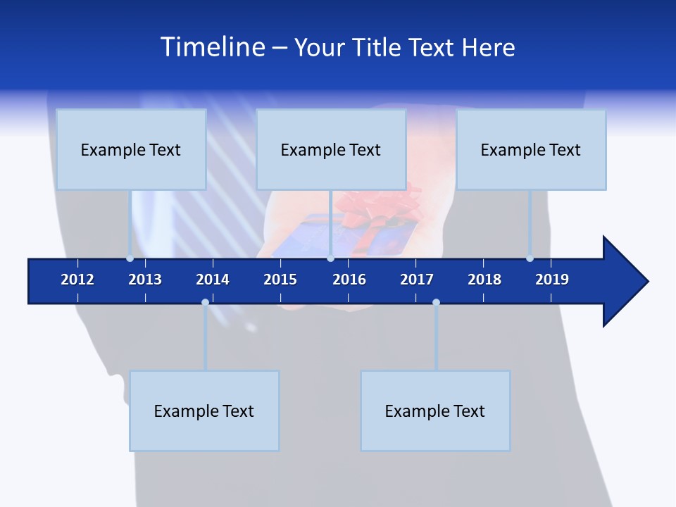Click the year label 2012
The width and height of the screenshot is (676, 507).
click(77, 280)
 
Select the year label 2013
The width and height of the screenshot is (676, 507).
click(145, 280)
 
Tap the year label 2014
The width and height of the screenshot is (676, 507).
click(213, 280)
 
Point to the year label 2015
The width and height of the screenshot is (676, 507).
click(280, 280)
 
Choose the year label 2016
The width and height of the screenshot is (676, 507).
click(349, 280)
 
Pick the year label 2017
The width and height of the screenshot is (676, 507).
click(417, 280)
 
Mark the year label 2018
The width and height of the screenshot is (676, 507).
click(484, 280)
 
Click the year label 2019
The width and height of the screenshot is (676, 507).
click(552, 280)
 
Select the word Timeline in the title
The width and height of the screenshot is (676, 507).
click(212, 47)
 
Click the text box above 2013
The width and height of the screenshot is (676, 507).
click(131, 149)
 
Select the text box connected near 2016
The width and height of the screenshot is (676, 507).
click(331, 149)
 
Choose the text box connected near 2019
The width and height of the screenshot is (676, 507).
click(531, 149)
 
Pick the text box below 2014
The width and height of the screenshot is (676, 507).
click(204, 411)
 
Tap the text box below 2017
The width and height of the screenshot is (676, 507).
click(435, 411)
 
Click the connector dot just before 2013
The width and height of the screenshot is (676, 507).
click(130, 258)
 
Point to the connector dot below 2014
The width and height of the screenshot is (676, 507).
click(205, 302)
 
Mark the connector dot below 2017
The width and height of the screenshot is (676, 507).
click(436, 302)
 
